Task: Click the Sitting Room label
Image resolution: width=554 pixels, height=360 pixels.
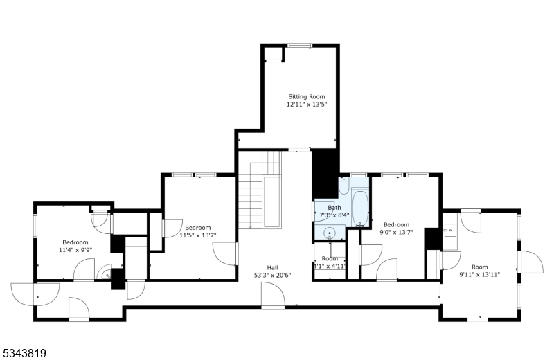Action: pyautogui.click(x=306, y=96)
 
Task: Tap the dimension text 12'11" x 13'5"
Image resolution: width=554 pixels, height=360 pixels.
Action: pyautogui.click(x=306, y=105)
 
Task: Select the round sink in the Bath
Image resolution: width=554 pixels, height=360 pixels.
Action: pyautogui.click(x=330, y=233)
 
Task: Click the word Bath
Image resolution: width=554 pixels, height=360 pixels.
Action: pyautogui.click(x=334, y=208)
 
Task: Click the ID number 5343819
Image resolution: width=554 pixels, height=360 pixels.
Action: pyautogui.click(x=24, y=353)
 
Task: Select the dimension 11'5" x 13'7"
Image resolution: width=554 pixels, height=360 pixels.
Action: pyautogui.click(x=197, y=235)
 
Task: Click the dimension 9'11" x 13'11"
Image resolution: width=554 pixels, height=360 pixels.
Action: pyautogui.click(x=479, y=275)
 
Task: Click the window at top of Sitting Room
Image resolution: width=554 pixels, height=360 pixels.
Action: pyautogui.click(x=299, y=46)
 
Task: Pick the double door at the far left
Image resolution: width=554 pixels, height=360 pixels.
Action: pyautogui.click(x=26, y=294)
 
